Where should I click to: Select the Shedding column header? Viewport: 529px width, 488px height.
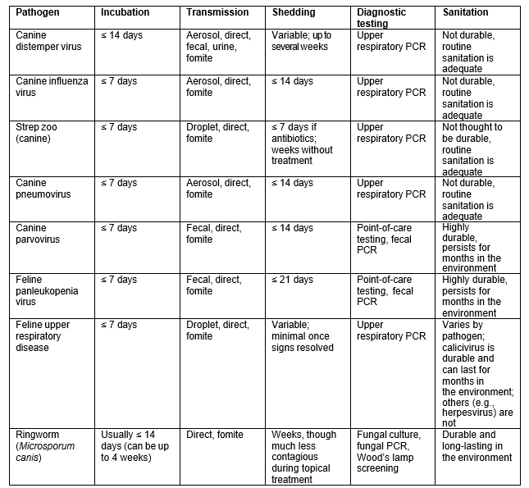click(293, 13)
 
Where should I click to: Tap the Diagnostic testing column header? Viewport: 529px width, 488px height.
click(385, 18)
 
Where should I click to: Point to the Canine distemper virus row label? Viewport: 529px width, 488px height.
click(49, 52)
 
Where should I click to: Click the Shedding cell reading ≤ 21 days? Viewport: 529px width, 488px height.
click(292, 280)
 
